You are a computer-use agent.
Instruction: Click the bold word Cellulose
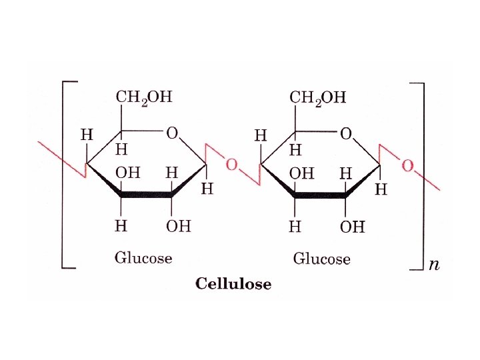tap(233, 284)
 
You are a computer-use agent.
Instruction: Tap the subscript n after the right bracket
tap(434, 265)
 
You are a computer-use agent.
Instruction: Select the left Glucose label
tap(143, 257)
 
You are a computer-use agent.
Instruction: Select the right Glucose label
tap(321, 259)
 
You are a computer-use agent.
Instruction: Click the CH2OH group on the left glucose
tap(143, 97)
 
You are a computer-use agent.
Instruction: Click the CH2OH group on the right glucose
tap(317, 98)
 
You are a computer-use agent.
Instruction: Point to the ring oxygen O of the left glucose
tap(172, 133)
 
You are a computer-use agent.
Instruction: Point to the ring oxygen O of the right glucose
tap(346, 134)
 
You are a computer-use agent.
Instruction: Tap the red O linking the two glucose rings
tap(231, 164)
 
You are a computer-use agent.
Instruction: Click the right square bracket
tap(420, 175)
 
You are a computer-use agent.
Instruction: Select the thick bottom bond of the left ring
tap(146, 195)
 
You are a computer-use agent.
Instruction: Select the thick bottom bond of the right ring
tap(320, 195)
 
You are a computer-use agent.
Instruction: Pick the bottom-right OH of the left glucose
tap(178, 226)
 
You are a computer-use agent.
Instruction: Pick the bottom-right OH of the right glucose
tap(353, 227)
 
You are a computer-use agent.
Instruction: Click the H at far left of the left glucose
tap(87, 135)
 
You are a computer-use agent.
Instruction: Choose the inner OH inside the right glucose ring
tap(301, 173)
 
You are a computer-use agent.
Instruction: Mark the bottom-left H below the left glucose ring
tap(121, 226)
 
